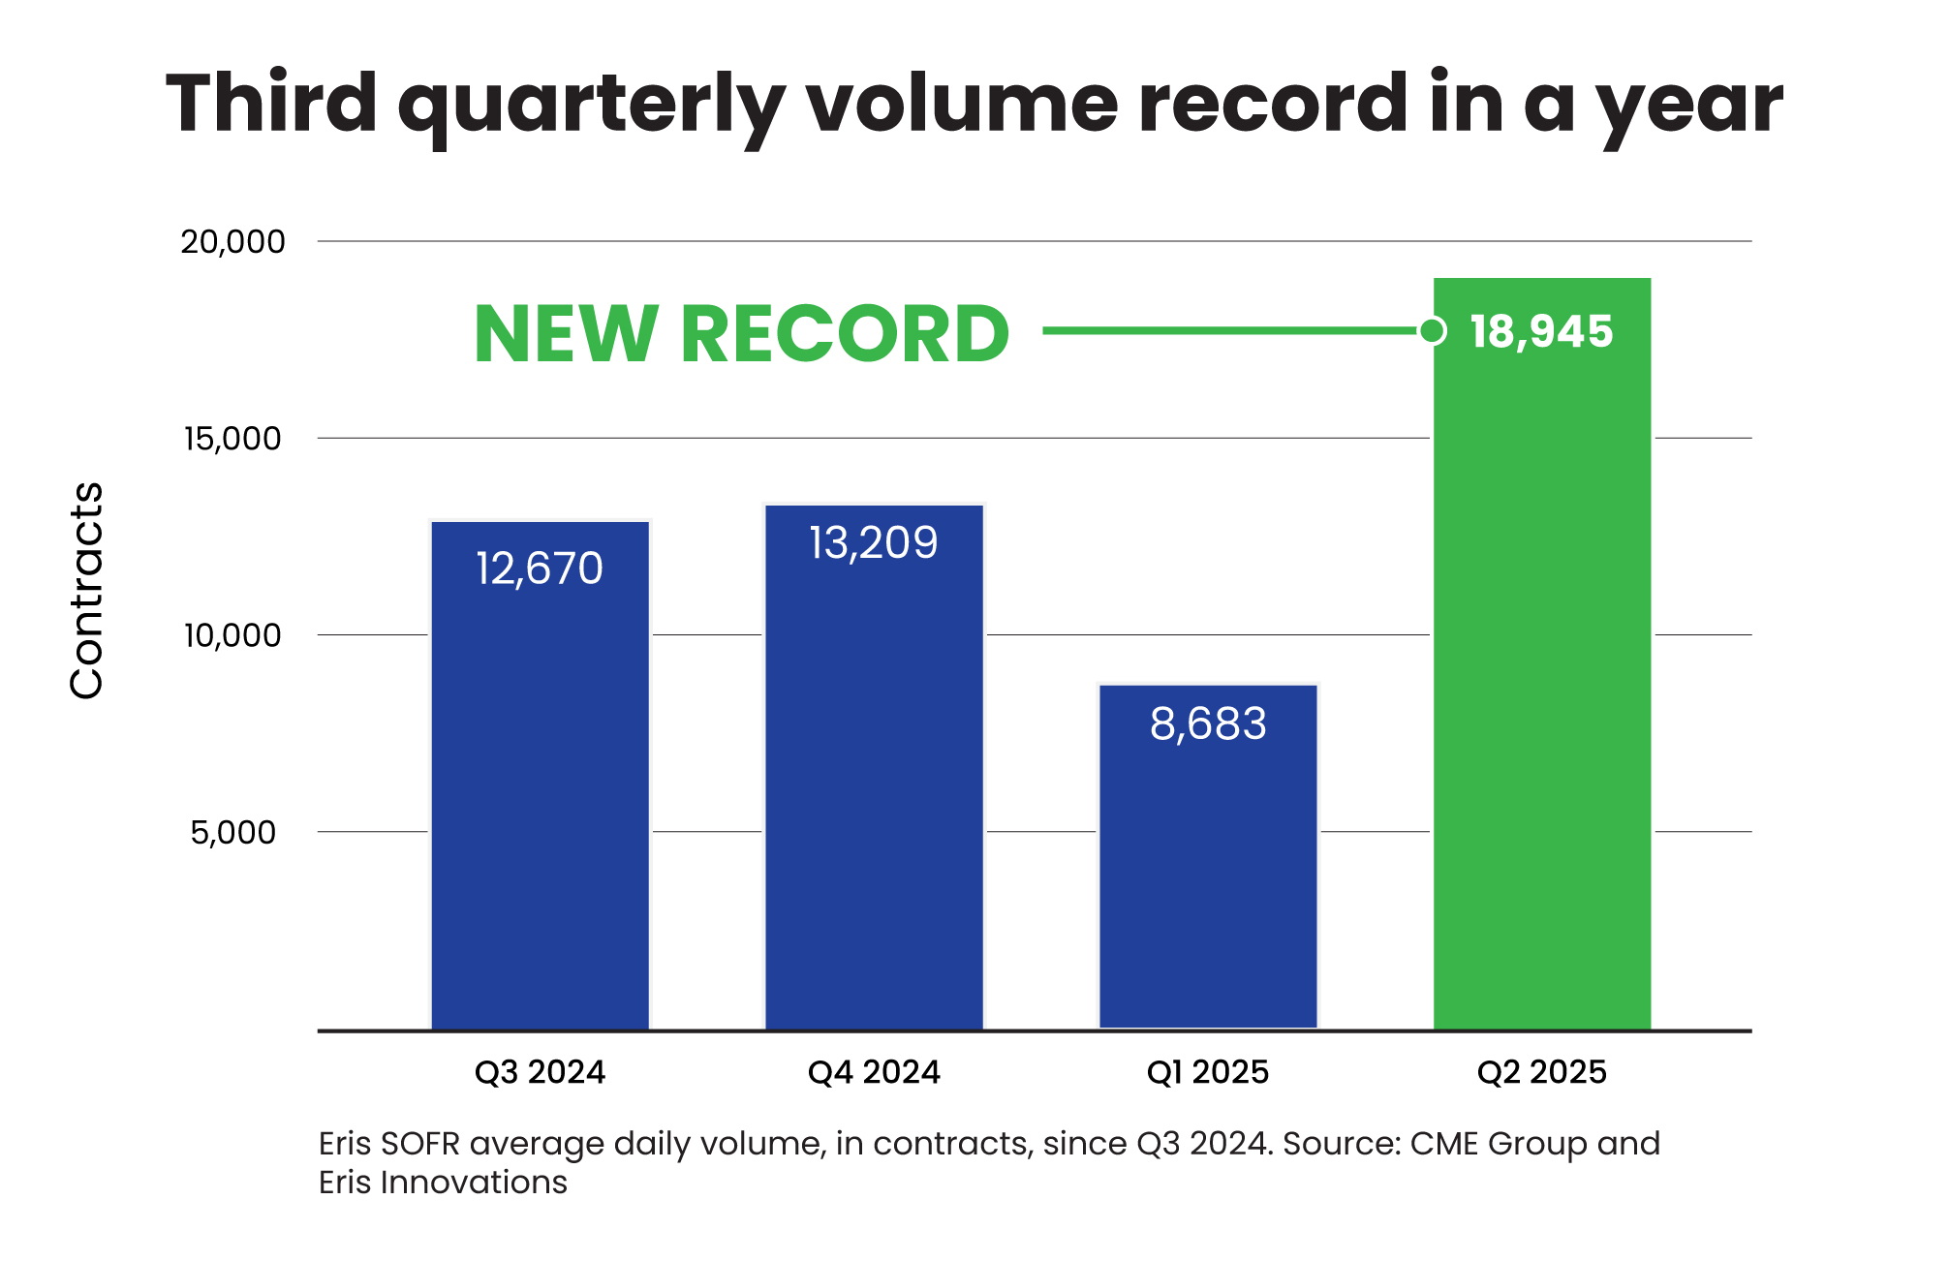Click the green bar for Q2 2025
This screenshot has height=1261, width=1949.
pyautogui.click(x=1542, y=678)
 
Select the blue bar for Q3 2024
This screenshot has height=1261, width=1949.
pyautogui.click(x=540, y=794)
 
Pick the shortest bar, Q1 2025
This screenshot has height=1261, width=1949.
pyautogui.click(x=1208, y=872)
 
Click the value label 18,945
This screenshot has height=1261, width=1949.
pyautogui.click(x=1541, y=331)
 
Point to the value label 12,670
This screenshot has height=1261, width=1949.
pyautogui.click(x=540, y=569)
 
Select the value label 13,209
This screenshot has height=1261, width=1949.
pyautogui.click(x=874, y=542)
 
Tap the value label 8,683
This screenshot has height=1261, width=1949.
pyautogui.click(x=1208, y=723)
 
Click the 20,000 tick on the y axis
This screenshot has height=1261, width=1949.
pyautogui.click(x=233, y=242)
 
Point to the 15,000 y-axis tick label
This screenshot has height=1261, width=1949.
pyautogui.click(x=233, y=439)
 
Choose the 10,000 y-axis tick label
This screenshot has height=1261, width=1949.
pyautogui.click(x=233, y=635)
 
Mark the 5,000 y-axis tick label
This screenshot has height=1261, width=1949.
pyautogui.click(x=233, y=832)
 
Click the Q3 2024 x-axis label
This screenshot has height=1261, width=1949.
pyautogui.click(x=540, y=1072)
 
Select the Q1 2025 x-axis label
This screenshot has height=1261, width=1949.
pyautogui.click(x=1208, y=1072)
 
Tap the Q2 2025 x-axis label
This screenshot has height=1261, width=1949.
pyautogui.click(x=1541, y=1072)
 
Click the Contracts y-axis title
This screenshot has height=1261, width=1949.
pyautogui.click(x=87, y=590)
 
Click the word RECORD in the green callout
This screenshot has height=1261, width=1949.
pyautogui.click(x=845, y=334)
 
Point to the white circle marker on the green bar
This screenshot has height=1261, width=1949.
pyautogui.click(x=1433, y=331)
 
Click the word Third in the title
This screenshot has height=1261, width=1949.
pyautogui.click(x=272, y=104)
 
